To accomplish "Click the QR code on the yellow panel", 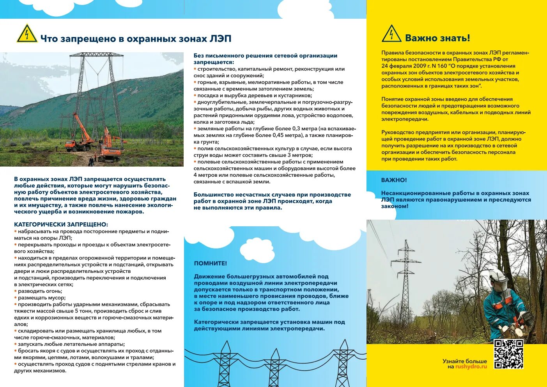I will (x=508, y=354).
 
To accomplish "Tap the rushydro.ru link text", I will (x=471, y=367).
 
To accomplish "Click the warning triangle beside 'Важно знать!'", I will (x=391, y=34).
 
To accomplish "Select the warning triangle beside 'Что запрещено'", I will (x=27, y=34).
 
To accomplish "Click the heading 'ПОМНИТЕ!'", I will (x=211, y=263).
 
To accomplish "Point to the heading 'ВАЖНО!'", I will (x=394, y=180).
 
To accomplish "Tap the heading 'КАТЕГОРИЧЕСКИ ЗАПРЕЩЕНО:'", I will (x=61, y=224).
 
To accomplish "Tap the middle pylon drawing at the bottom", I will (x=274, y=367).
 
